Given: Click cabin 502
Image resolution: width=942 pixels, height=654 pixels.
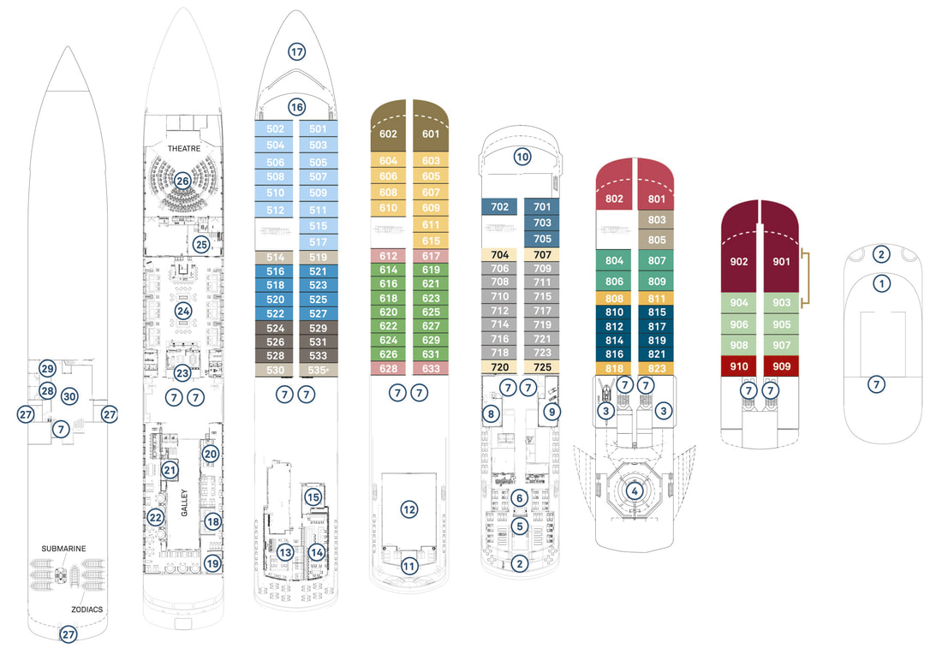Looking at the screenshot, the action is [x=275, y=128].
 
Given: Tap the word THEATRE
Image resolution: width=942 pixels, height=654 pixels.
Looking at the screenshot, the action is [x=184, y=148].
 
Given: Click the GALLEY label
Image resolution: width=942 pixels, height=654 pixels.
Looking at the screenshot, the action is [x=184, y=502].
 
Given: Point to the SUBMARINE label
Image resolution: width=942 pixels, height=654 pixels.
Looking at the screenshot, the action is [x=63, y=549].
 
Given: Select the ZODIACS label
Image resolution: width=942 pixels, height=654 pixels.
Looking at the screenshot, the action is [x=87, y=609].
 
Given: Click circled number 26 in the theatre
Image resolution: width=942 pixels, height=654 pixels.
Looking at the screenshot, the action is [x=182, y=180].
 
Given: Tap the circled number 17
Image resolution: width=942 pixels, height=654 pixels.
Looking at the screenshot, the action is [x=297, y=51].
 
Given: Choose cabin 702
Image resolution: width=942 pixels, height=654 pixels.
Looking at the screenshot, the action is [x=500, y=206].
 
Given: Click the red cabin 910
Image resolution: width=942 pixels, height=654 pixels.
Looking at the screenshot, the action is [x=739, y=366].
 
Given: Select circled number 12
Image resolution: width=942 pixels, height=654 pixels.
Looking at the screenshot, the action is [x=409, y=509].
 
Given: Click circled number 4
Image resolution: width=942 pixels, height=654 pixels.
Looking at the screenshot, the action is [x=635, y=490].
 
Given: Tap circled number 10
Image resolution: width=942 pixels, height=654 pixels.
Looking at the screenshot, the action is [x=522, y=158].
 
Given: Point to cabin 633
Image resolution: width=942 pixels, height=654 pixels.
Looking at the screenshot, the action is [x=431, y=368].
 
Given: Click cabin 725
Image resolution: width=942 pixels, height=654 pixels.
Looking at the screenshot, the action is [x=542, y=367].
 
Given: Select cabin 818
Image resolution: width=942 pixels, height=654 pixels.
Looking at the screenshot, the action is [x=614, y=368].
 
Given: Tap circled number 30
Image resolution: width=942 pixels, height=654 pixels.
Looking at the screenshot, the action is [x=69, y=396].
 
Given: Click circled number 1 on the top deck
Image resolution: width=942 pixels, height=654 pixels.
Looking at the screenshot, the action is [x=881, y=282].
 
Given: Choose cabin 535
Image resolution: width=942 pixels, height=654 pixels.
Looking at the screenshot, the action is [x=319, y=370].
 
